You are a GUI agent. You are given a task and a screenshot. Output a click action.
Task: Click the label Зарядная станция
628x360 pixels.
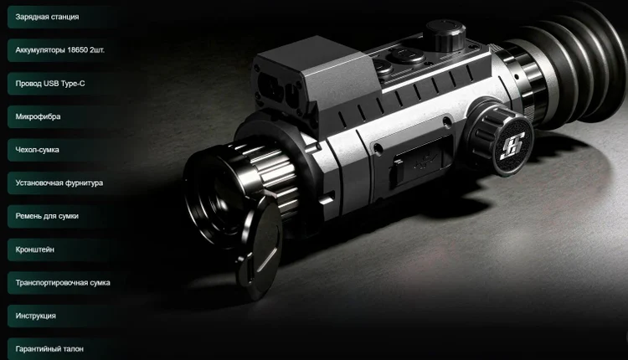click(47, 17)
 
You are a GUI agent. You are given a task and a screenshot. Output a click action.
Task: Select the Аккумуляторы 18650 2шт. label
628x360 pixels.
click(59, 50)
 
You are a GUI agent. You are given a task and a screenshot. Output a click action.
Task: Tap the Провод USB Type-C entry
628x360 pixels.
click(50, 83)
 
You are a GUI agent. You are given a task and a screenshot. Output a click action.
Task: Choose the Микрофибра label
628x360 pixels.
click(38, 116)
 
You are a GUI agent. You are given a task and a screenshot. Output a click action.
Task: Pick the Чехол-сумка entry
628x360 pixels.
click(37, 150)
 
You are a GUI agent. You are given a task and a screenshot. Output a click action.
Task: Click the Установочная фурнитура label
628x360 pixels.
click(59, 183)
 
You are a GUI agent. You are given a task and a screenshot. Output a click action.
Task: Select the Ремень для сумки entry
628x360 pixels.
click(47, 216)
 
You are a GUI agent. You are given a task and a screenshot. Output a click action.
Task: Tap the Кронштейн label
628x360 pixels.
click(35, 249)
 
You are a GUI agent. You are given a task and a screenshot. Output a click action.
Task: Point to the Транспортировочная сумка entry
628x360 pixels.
click(63, 283)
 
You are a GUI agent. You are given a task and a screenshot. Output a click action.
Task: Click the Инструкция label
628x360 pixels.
click(36, 316)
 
